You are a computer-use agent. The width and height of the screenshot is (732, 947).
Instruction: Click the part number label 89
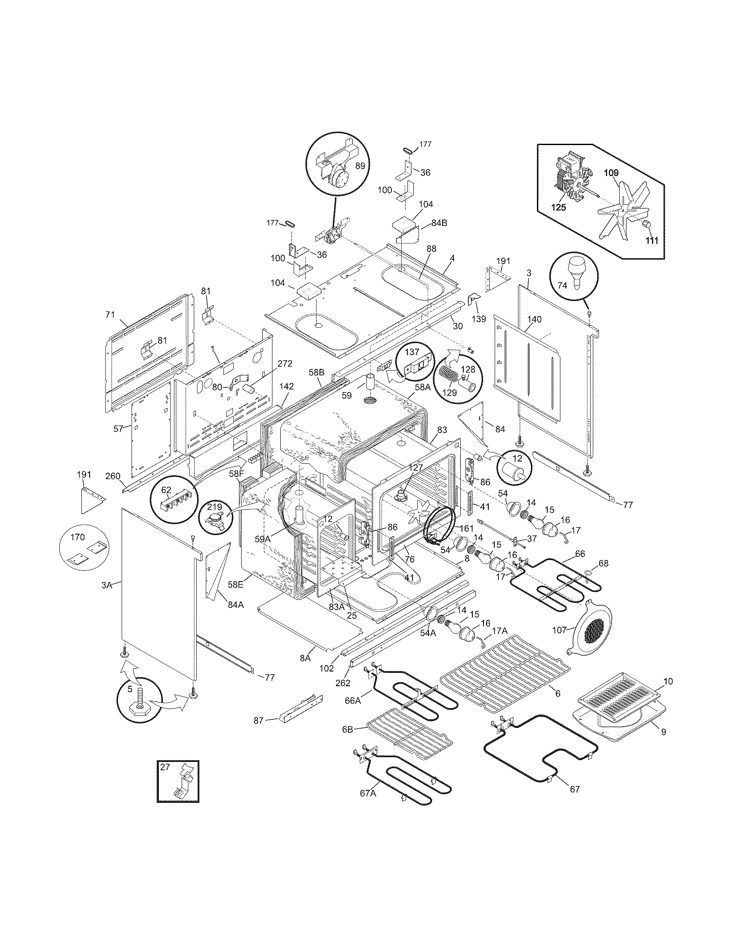[x=360, y=165]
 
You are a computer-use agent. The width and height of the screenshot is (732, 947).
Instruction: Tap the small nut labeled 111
[x=646, y=226]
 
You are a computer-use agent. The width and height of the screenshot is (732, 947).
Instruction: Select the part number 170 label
[x=77, y=538]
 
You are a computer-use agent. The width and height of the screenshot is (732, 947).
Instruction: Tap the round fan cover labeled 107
[x=591, y=628]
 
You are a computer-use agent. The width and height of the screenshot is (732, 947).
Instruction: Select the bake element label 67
[x=574, y=789]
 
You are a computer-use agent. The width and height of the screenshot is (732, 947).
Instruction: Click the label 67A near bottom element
[x=367, y=793]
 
